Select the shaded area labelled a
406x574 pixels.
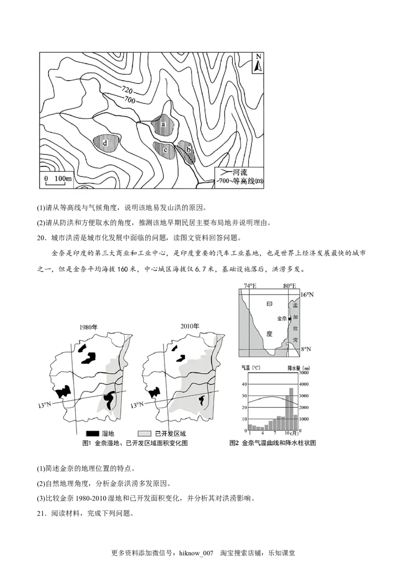tap(163, 123)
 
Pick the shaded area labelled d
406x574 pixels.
tap(106, 142)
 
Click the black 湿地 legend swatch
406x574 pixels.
tap(92, 434)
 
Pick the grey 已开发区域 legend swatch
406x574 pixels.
tap(145, 434)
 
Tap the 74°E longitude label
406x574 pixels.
tap(250, 286)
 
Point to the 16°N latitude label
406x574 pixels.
tap(308, 295)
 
